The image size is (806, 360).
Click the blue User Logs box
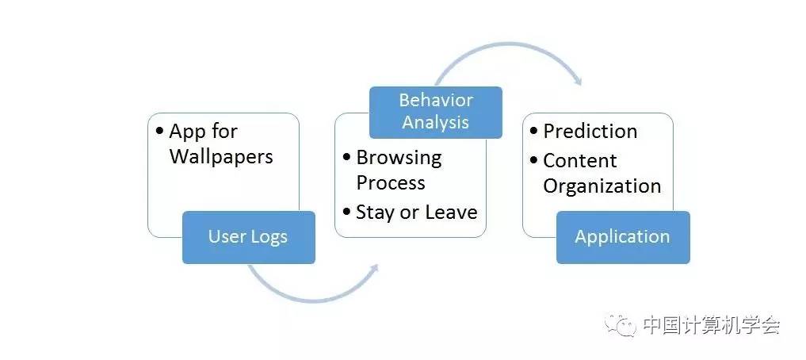248,237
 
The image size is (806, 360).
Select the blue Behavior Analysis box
436,112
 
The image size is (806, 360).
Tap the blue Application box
622,237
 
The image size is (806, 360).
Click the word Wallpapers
221,156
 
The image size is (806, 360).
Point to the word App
185,131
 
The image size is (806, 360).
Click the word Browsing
399,157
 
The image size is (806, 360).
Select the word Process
391,182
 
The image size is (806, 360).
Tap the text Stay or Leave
416,212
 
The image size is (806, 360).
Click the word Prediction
590,131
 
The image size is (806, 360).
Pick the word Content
579,160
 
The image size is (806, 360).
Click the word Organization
602,186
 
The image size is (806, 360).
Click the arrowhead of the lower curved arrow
373,269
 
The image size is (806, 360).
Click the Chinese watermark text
711,325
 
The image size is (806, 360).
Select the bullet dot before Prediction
534,132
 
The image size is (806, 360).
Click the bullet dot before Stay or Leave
347,213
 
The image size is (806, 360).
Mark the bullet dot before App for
160,132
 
